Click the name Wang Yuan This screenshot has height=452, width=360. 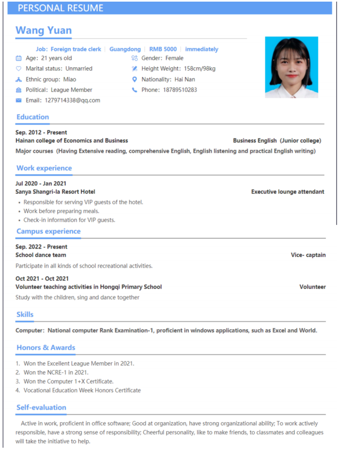(43, 30)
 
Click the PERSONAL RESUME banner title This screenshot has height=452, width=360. (60, 8)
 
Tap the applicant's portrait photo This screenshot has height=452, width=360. (291, 67)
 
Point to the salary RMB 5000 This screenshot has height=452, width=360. (163, 49)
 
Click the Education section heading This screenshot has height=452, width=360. (33, 117)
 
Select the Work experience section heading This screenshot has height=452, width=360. (44, 168)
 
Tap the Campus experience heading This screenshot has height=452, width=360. (48, 231)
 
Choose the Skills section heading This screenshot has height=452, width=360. (25, 315)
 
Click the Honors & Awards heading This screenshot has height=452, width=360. (45, 348)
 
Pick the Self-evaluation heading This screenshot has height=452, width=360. (41, 407)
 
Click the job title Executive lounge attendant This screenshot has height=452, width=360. (287, 192)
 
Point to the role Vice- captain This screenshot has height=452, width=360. (308, 255)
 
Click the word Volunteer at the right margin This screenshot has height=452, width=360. (312, 287)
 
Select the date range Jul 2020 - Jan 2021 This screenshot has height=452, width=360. (41, 183)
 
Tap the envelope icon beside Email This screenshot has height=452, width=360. (19, 100)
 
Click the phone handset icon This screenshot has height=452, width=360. (135, 90)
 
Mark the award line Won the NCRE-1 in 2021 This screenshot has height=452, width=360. (56, 372)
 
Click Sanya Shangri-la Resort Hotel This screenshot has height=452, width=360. (55, 192)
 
